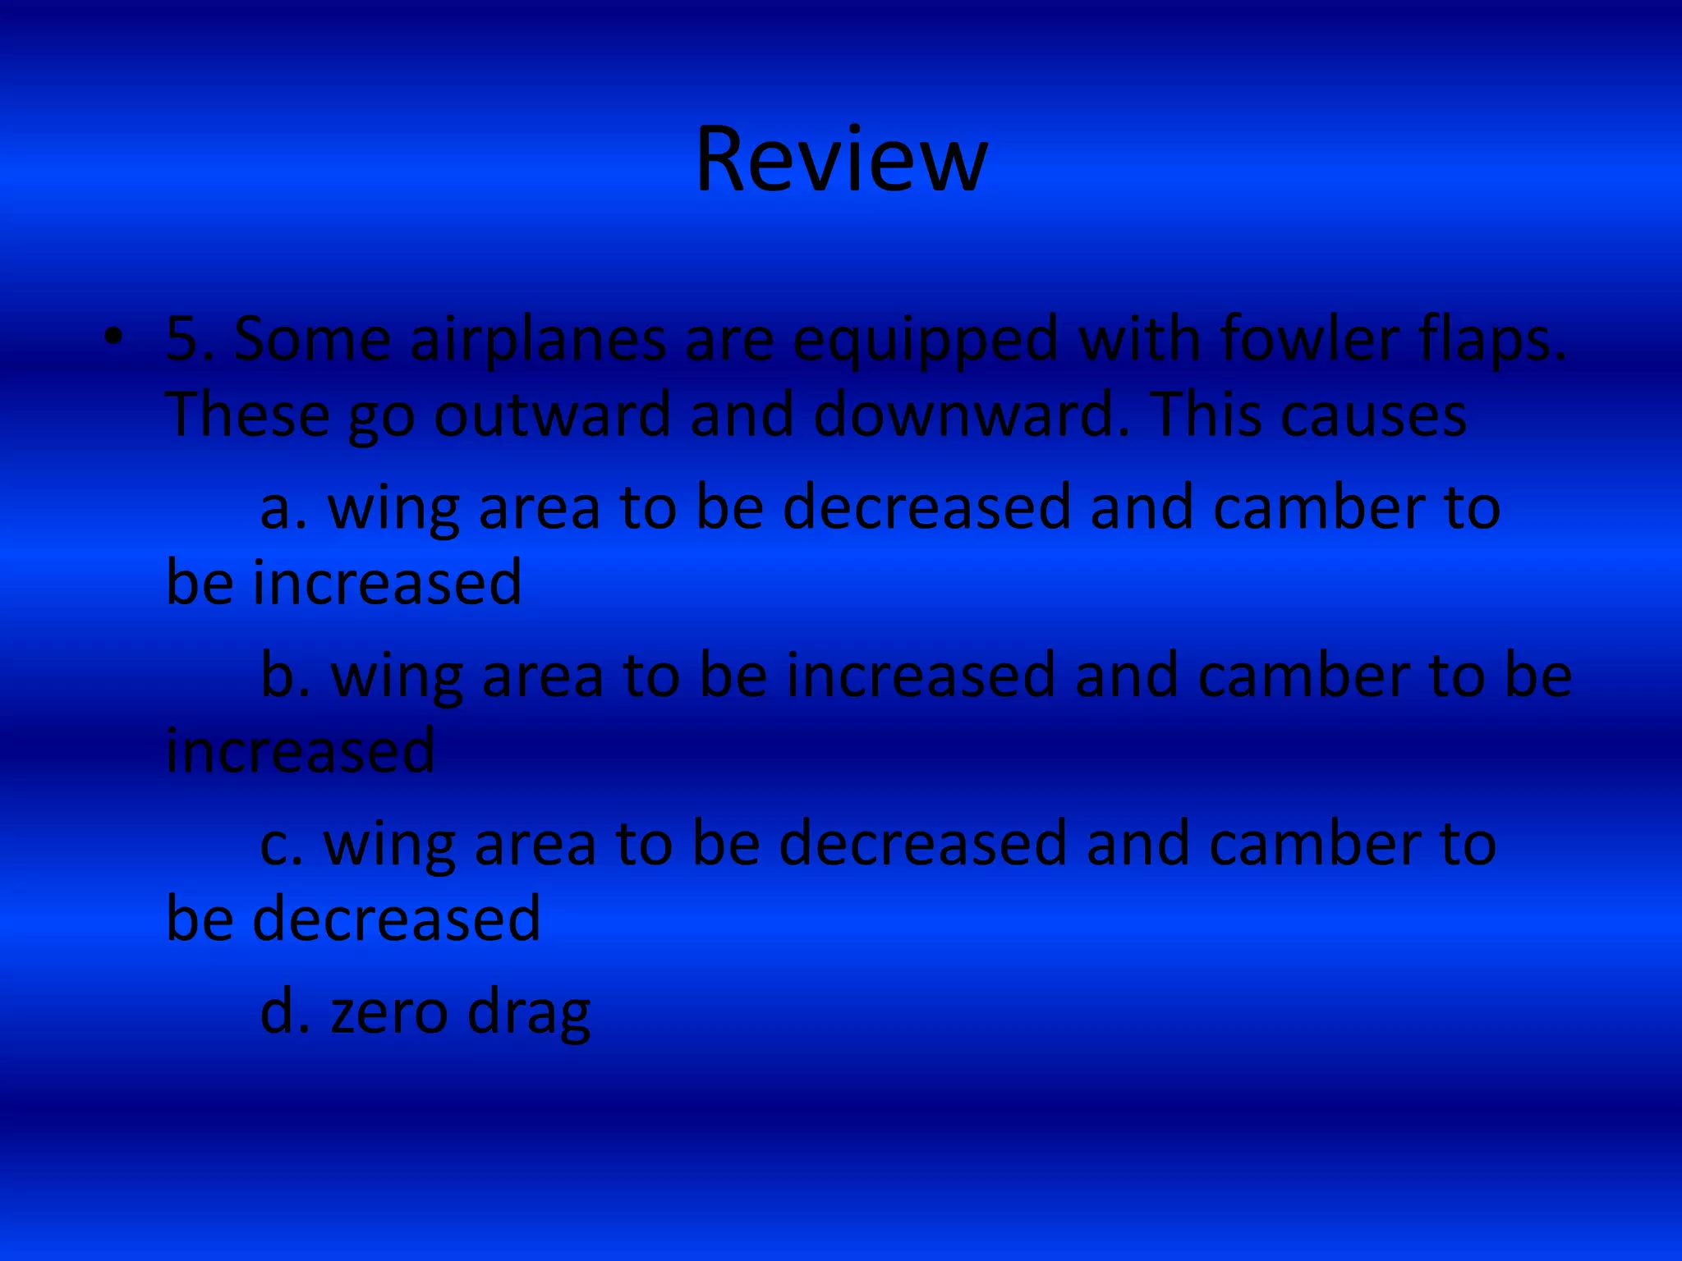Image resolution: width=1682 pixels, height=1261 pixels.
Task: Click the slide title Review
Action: tap(841, 159)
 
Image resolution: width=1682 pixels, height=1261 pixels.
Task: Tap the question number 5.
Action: tap(182, 340)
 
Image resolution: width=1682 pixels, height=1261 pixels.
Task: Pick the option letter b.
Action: tap(283, 675)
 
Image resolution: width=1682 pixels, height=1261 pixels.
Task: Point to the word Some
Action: tap(312, 340)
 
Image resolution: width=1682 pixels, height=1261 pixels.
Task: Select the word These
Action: tap(246, 415)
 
